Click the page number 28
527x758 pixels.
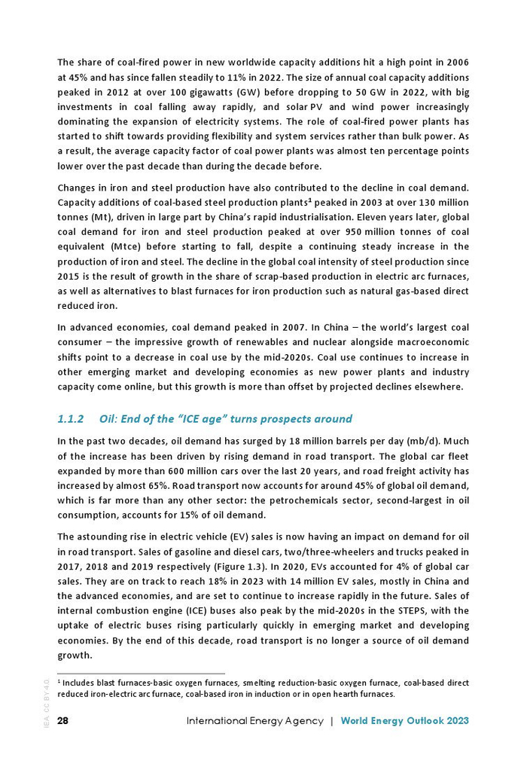(63, 721)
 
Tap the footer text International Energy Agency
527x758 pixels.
(254, 721)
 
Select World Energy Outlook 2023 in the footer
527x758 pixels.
(404, 721)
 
